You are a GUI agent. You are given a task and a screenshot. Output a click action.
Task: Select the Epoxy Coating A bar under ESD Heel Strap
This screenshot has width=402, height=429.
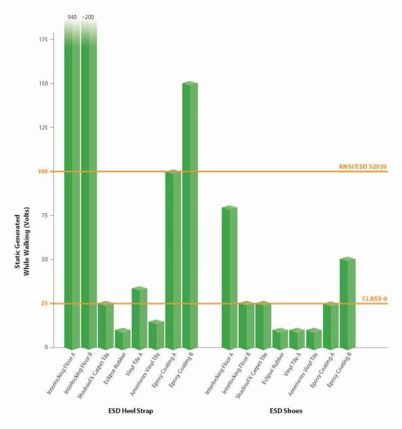pyautogui.click(x=173, y=260)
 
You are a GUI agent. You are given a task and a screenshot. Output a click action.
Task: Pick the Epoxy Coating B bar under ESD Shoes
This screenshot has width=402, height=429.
pyautogui.click(x=347, y=303)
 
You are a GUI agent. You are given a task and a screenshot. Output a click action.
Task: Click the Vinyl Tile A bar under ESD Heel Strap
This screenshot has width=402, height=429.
pyautogui.click(x=139, y=318)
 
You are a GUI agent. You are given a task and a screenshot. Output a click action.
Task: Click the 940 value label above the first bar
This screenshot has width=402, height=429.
pyautogui.click(x=72, y=18)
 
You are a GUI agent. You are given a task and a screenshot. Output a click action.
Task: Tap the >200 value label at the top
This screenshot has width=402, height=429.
pyautogui.click(x=88, y=18)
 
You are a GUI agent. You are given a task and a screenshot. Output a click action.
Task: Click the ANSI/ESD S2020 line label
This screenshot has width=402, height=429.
pyautogui.click(x=362, y=166)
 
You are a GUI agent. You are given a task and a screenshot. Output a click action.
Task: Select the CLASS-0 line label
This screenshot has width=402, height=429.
pyautogui.click(x=374, y=299)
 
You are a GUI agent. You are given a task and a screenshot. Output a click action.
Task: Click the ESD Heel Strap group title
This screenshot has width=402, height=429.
pyautogui.click(x=131, y=411)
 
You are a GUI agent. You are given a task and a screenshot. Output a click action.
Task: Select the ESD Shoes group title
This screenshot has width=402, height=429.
pyautogui.click(x=286, y=411)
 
